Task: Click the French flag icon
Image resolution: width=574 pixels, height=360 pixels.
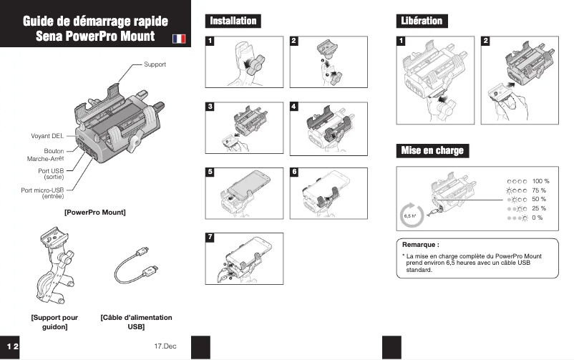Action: coord(180,38)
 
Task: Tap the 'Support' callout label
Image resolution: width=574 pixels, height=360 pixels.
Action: coord(155,64)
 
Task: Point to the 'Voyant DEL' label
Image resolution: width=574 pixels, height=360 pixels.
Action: coord(47,135)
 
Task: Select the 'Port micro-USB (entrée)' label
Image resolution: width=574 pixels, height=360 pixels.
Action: coord(43,193)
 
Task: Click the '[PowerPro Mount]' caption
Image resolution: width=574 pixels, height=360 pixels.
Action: coord(94,212)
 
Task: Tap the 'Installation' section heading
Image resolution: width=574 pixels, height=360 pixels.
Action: coord(233,21)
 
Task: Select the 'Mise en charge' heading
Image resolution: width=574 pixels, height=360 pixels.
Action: coord(432,150)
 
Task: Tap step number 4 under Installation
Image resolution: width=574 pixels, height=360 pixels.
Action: coord(294,107)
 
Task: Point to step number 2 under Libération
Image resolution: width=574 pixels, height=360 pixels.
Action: coord(486,41)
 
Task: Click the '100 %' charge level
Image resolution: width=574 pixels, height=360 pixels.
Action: coord(540,182)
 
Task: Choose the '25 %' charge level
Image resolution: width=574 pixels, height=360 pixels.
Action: coord(539,208)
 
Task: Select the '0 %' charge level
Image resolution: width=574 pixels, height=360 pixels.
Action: coord(537,217)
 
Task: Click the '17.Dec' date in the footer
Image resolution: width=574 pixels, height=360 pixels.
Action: coord(165,346)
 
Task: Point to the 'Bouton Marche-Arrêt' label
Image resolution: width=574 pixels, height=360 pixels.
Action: coord(45,155)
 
